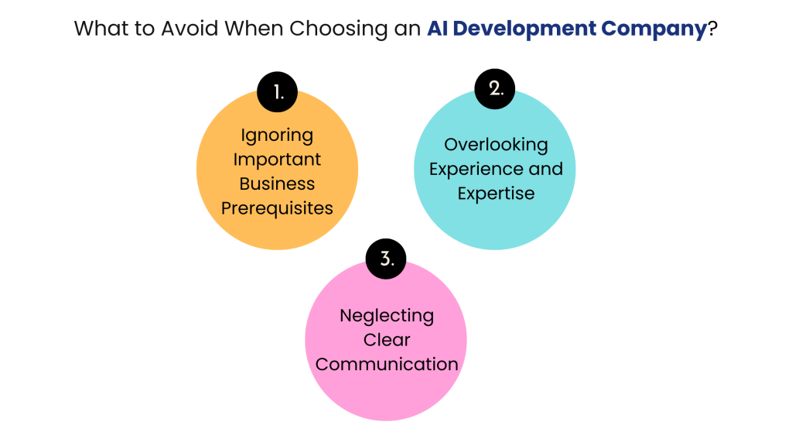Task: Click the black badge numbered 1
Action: pyautogui.click(x=278, y=92)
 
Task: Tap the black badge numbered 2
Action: pyautogui.click(x=494, y=89)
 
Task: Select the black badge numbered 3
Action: pyautogui.click(x=386, y=259)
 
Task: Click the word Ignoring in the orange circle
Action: pyautogui.click(x=277, y=136)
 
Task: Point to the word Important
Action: pyautogui.click(x=277, y=160)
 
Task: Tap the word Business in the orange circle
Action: pyautogui.click(x=277, y=184)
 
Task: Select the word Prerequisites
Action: pyautogui.click(x=277, y=208)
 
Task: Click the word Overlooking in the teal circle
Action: pyautogui.click(x=496, y=145)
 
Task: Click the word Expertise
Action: pyautogui.click(x=496, y=194)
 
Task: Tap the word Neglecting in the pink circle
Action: pyautogui.click(x=387, y=316)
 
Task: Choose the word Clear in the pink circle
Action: pyautogui.click(x=387, y=340)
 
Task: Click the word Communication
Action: pyautogui.click(x=387, y=364)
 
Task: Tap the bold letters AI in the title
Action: pyautogui.click(x=438, y=29)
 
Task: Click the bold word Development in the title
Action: pyautogui.click(x=524, y=29)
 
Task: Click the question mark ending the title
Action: pyautogui.click(x=712, y=29)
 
